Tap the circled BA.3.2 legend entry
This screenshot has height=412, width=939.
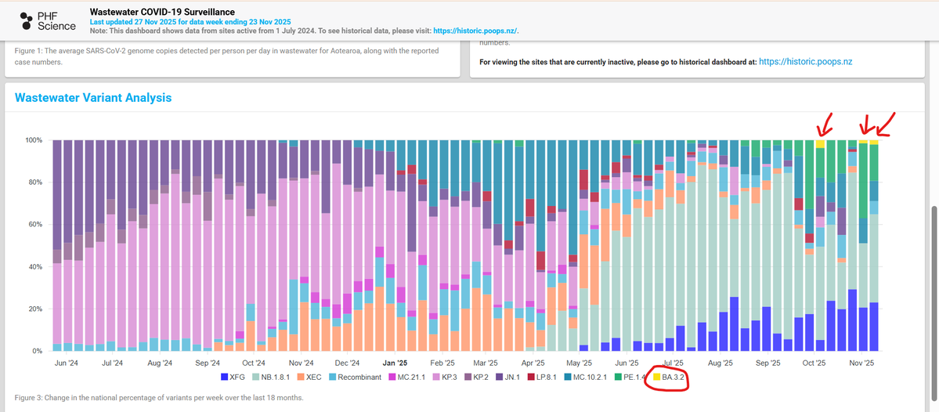(670, 377)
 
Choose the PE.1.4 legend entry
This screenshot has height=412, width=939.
(629, 377)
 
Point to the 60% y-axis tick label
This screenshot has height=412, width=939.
(34, 225)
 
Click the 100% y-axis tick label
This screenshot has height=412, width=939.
(33, 140)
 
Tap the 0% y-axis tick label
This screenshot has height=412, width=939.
(37, 352)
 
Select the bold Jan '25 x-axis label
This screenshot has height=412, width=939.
(395, 363)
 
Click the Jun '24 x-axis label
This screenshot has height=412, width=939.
(67, 363)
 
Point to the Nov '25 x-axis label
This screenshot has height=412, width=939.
(861, 363)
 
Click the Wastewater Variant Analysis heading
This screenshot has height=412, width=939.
(93, 98)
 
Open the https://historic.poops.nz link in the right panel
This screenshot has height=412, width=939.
(805, 61)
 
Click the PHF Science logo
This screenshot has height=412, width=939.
(47, 21)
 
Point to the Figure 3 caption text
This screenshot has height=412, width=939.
(159, 398)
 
